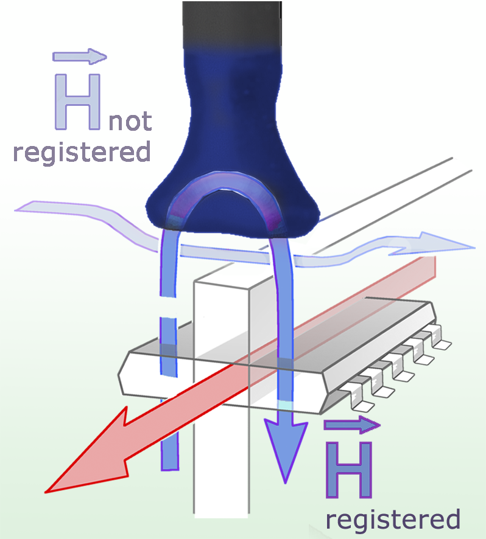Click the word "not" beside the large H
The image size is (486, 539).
(130, 121)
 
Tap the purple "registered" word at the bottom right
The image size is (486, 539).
(393, 520)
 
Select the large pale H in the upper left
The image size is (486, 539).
(77, 101)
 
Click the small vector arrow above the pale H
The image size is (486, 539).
(80, 57)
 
